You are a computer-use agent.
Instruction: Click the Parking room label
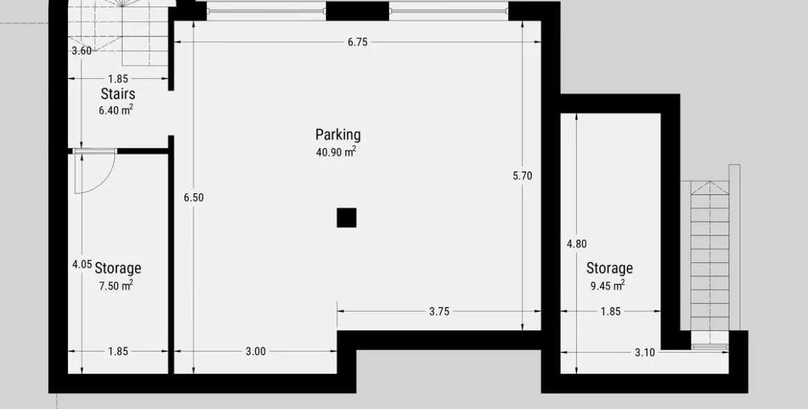point(338,135)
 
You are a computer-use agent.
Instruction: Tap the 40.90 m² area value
point(336,152)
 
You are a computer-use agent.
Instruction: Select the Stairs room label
point(118,94)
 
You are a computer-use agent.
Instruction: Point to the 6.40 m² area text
point(116,110)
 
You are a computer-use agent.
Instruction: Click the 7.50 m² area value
point(116,285)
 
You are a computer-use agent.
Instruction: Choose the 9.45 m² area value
point(608,285)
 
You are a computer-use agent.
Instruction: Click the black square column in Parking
point(346,218)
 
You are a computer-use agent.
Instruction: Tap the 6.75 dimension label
point(358,42)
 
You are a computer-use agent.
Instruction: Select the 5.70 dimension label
point(522,175)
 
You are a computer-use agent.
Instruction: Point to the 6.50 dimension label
point(194,198)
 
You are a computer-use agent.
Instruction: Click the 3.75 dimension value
point(439,311)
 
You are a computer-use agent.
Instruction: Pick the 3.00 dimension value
point(256,351)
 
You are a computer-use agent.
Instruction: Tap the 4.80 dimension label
point(576,244)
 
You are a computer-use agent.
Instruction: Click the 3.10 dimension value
point(644,352)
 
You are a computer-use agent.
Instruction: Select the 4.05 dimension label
point(82,264)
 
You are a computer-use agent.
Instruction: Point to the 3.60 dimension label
point(81,51)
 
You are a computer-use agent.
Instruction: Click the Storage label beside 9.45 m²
point(610,268)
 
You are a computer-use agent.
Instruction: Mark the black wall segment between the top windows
point(358,11)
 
